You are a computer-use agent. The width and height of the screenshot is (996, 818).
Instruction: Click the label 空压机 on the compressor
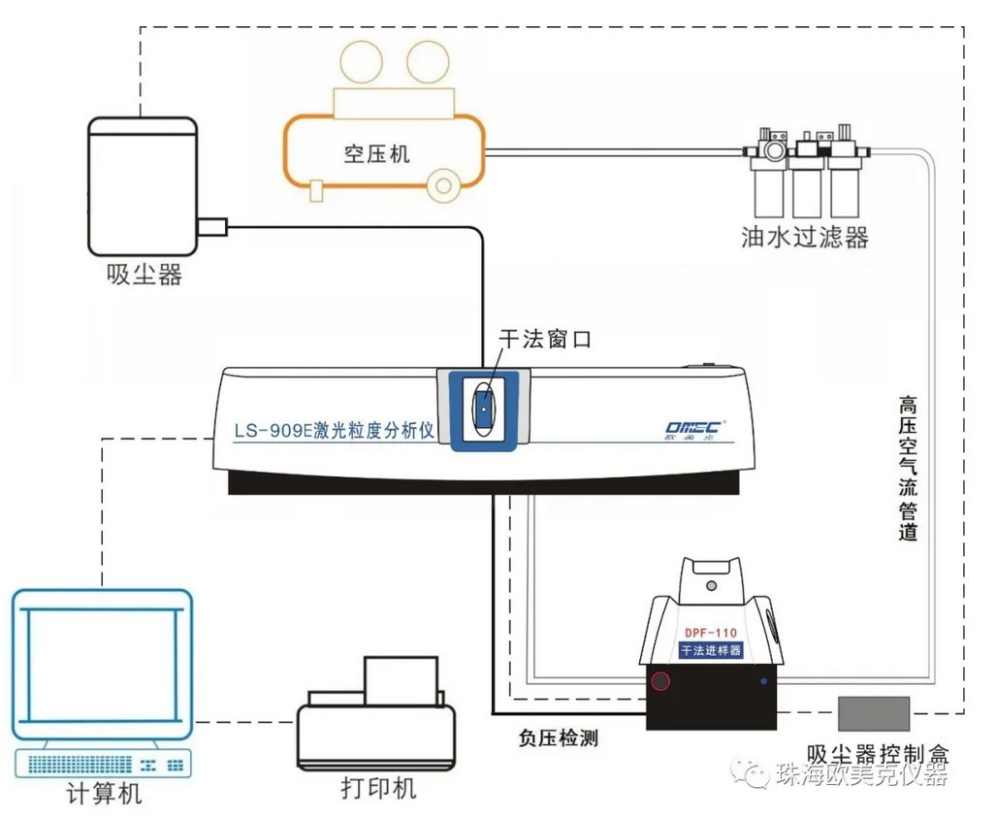[377, 153]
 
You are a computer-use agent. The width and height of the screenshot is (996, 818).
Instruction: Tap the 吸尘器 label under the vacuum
[145, 276]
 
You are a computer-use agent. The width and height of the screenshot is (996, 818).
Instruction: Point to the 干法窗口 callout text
[544, 340]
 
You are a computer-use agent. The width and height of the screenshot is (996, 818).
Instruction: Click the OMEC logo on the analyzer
[694, 428]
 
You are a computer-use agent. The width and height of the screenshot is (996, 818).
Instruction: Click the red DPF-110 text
[712, 633]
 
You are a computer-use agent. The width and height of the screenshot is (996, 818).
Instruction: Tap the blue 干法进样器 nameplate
[712, 650]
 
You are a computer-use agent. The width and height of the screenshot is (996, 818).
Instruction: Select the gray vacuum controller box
[874, 713]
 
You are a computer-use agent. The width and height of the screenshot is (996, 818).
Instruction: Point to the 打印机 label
[378, 787]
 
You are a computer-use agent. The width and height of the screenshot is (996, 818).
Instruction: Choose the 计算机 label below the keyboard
[104, 794]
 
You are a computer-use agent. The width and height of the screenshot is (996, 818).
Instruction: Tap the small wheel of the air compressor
[445, 184]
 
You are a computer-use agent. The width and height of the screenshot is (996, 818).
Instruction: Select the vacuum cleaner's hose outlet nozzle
[211, 228]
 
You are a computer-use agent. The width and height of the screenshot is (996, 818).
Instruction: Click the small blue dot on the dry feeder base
[764, 681]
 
